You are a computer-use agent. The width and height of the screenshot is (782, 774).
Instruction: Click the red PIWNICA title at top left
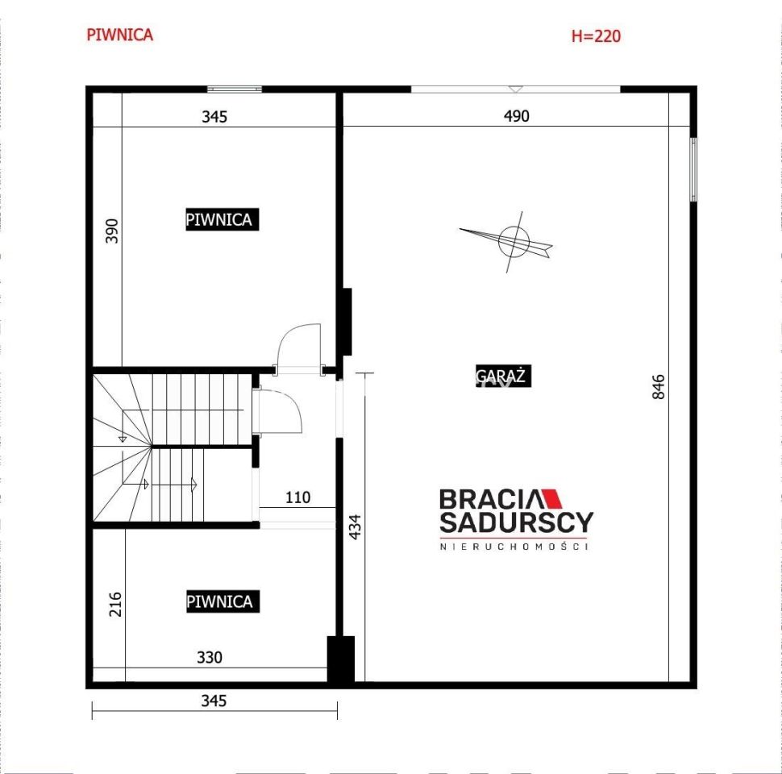pyautogui.click(x=119, y=35)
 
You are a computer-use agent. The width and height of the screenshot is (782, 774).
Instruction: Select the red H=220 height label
pyautogui.click(x=596, y=36)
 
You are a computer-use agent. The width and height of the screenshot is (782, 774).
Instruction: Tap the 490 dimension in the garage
pyautogui.click(x=516, y=116)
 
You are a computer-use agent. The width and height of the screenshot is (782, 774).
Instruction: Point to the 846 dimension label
pyautogui.click(x=659, y=387)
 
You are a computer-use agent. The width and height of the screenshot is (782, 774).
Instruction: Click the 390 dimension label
pyautogui.click(x=112, y=231)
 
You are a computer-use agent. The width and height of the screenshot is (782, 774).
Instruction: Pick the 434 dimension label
pyautogui.click(x=355, y=526)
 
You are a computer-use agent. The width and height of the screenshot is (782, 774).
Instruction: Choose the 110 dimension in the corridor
pyautogui.click(x=297, y=497)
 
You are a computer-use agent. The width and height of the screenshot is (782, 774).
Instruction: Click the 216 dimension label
pyautogui.click(x=115, y=604)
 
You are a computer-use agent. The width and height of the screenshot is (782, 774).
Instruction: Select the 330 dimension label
pyautogui.click(x=210, y=657)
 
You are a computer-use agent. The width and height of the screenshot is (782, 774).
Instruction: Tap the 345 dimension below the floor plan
pyautogui.click(x=214, y=701)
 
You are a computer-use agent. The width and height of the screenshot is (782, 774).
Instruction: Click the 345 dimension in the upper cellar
pyautogui.click(x=214, y=117)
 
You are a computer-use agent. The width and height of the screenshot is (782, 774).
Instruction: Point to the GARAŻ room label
pyautogui.click(x=503, y=376)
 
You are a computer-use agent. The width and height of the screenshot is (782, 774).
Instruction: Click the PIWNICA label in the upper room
pyautogui.click(x=222, y=219)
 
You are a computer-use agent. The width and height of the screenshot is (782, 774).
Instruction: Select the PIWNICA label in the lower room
pyautogui.click(x=223, y=601)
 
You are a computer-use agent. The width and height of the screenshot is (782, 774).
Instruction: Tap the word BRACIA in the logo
pyautogui.click(x=490, y=499)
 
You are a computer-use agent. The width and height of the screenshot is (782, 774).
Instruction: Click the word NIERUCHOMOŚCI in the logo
pyautogui.click(x=514, y=547)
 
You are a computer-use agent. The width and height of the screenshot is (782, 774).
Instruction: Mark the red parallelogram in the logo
pyautogui.click(x=551, y=499)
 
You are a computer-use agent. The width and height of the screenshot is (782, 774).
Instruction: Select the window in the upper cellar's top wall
pyautogui.click(x=235, y=89)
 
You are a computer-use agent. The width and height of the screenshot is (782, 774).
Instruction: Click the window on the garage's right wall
pyautogui.click(x=693, y=169)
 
